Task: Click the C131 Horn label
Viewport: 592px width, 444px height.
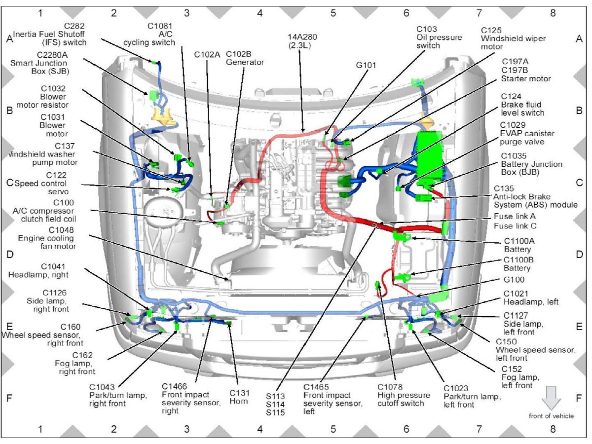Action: [x=239, y=397]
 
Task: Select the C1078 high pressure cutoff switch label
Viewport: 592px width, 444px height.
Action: [x=404, y=395]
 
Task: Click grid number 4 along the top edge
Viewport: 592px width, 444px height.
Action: [x=260, y=12]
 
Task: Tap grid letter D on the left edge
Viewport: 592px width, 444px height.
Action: [x=9, y=255]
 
